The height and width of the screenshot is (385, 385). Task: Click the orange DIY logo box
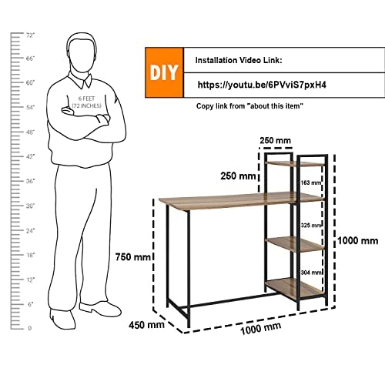point(164,72)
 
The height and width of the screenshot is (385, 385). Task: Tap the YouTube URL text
point(262,85)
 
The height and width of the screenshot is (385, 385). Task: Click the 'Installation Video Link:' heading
point(239,60)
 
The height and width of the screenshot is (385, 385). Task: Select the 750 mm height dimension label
point(132,256)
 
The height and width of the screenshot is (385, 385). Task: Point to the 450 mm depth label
point(146,325)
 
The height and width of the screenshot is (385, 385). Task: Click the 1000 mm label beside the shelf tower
point(357,241)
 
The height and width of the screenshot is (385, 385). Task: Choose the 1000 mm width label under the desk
point(260,328)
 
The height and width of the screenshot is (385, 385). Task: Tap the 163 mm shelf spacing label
point(311,182)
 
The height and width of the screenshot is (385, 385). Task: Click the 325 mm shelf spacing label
point(311,225)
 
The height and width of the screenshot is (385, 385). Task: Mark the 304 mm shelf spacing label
point(311,272)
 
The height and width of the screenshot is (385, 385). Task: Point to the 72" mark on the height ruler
point(30,35)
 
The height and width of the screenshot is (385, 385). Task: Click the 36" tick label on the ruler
point(30,181)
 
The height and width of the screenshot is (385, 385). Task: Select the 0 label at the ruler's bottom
point(30,328)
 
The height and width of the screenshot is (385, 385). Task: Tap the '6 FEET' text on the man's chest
point(86,99)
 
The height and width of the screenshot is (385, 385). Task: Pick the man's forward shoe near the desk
point(100,309)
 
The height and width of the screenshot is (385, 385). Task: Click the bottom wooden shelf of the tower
point(294,288)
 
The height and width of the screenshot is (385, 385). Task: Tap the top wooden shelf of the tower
point(295,163)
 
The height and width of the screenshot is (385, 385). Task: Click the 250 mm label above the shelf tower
point(275,140)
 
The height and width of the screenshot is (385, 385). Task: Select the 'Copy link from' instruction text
point(220,106)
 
